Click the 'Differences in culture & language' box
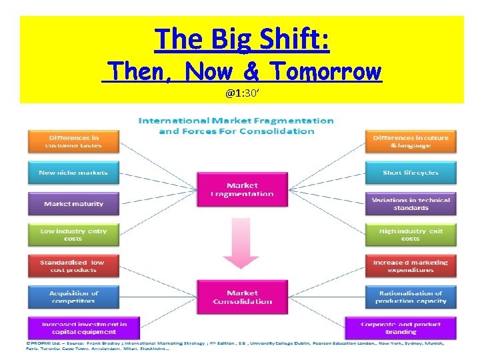[x=411, y=141]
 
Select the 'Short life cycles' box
[x=411, y=173]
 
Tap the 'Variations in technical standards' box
[x=411, y=204]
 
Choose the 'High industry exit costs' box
[x=411, y=235]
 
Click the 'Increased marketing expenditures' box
[x=411, y=266]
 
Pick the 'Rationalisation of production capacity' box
[x=411, y=297]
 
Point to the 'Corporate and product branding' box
[x=401, y=328]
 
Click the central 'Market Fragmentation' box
[x=242, y=189]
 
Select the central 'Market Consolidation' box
[x=242, y=297]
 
